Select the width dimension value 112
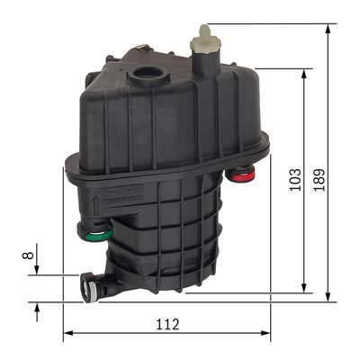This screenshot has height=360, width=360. click(x=167, y=324)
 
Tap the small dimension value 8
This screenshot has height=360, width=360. click(x=28, y=256)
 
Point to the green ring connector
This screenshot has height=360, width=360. click(x=100, y=236)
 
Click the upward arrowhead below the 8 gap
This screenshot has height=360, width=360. click(x=37, y=308)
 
